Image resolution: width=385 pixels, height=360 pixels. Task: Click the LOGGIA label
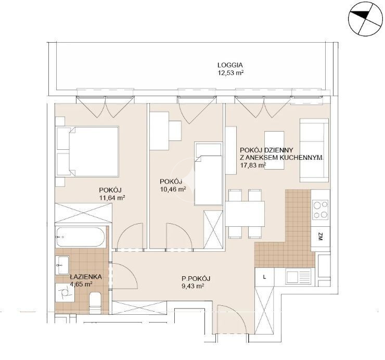click(230, 65)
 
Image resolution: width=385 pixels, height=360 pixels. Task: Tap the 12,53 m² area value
click(230, 73)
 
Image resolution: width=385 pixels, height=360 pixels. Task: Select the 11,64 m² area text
click(112, 198)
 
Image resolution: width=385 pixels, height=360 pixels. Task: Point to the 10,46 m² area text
click(173, 189)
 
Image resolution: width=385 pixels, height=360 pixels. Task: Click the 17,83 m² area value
click(253, 165)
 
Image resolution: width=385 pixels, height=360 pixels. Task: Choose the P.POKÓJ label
click(196, 278)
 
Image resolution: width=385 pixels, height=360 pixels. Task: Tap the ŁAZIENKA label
click(86, 277)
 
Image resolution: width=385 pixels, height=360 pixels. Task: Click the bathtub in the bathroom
click(80, 237)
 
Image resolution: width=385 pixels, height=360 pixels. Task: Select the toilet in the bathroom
click(95, 303)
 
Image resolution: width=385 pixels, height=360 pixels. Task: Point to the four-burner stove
click(320, 210)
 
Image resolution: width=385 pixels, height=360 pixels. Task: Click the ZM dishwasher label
click(320, 237)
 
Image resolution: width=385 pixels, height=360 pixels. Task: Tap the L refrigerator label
click(264, 277)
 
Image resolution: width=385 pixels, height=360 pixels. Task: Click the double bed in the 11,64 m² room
click(87, 151)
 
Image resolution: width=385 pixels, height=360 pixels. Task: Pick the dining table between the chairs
click(245, 214)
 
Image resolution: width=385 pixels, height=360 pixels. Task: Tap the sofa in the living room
click(314, 150)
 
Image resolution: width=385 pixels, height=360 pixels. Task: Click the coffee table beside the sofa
click(274, 150)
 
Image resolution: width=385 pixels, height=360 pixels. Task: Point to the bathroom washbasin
click(62, 265)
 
